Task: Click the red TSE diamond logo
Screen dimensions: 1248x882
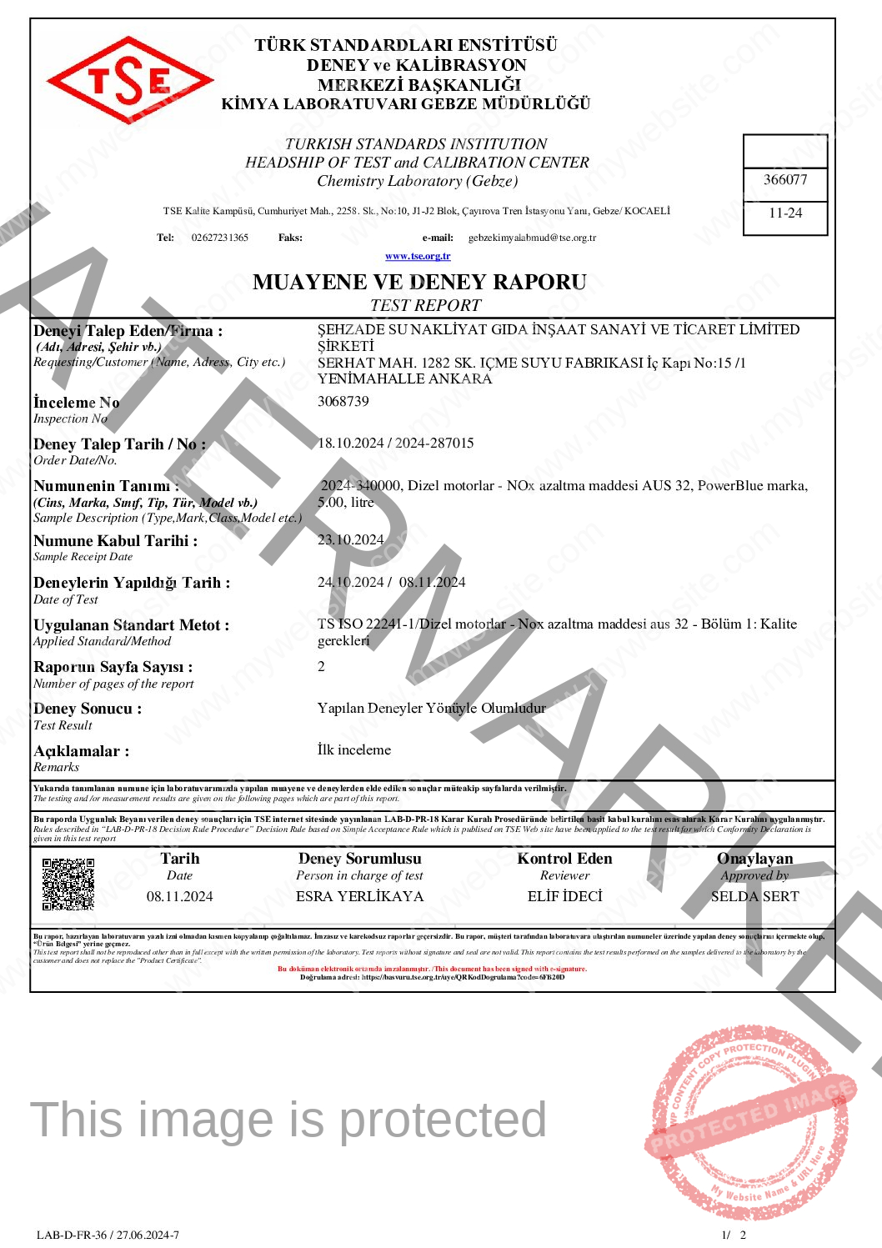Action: coord(130,80)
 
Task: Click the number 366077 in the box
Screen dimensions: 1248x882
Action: coord(785,179)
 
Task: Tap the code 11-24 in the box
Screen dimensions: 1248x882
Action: coord(785,213)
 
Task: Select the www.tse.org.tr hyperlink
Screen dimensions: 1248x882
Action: coord(418,256)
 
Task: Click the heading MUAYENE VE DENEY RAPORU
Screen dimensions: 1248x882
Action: coord(419,282)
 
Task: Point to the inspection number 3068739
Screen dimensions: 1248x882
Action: coord(343,401)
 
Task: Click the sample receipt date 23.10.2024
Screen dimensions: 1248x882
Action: coord(350,539)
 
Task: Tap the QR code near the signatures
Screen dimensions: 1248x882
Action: coord(68,884)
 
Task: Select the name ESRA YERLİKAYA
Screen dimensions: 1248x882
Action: coord(359,896)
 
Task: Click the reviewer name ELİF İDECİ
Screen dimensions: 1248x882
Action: coord(564,896)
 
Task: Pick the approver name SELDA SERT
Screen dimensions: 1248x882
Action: coord(754,896)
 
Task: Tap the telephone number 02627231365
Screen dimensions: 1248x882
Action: coord(220,238)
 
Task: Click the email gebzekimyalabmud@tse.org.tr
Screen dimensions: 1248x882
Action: coord(532,238)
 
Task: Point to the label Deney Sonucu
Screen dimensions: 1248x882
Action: coord(88,709)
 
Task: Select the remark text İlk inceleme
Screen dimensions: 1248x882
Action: coord(353,749)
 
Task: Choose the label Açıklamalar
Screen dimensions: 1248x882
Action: coord(81,751)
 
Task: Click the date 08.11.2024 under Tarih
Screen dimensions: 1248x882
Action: coord(179,896)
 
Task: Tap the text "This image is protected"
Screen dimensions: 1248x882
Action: coord(288,1120)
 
